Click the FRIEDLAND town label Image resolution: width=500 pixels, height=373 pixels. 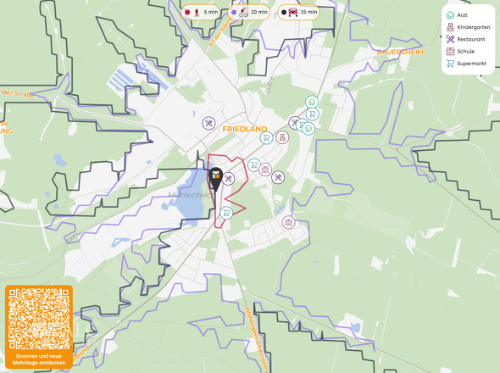pyautogui.click(x=244, y=129)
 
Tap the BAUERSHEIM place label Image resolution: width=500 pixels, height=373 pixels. pyautogui.click(x=399, y=51)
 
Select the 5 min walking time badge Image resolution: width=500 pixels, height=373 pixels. pyautogui.click(x=202, y=13)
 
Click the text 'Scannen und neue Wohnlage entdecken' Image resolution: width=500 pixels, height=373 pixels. pyautogui.click(x=38, y=359)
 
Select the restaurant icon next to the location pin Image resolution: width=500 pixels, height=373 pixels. pyautogui.click(x=228, y=178)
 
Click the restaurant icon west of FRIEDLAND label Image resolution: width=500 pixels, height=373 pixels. pyautogui.click(x=208, y=124)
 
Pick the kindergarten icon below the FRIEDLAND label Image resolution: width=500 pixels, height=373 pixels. pyautogui.click(x=282, y=137)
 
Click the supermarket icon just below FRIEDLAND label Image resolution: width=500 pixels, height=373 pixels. pyautogui.click(x=265, y=139)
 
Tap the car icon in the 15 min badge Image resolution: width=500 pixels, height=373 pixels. pyautogui.click(x=293, y=13)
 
